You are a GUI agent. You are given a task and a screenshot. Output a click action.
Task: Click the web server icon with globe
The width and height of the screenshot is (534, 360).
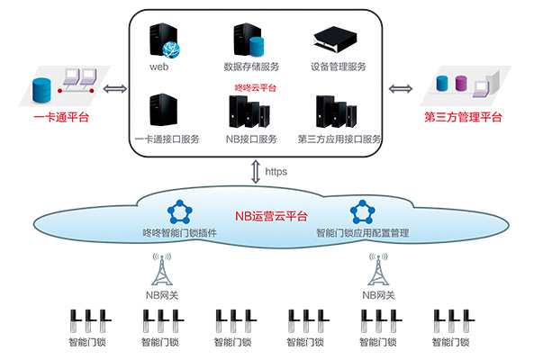coord(164,40)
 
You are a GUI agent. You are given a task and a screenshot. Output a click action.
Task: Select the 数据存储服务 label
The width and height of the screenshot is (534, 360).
coord(251,67)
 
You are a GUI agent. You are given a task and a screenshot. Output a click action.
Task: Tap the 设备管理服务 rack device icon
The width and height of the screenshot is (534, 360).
coord(335,39)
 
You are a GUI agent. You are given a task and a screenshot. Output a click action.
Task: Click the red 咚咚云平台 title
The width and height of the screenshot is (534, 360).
coord(256,88)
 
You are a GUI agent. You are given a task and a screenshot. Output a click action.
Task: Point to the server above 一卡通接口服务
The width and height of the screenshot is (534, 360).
coord(164,110)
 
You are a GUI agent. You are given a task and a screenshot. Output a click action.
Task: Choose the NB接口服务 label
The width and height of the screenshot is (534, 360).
coord(251,139)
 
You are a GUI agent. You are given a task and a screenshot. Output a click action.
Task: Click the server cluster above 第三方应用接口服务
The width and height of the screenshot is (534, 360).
coord(337,112)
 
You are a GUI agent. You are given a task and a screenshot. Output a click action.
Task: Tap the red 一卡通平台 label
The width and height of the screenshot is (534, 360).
coord(61,117)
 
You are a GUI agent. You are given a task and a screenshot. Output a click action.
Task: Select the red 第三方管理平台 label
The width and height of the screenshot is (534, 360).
coord(463,117)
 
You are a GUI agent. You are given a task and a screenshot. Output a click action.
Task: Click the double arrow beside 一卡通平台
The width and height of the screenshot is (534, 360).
coord(115,89)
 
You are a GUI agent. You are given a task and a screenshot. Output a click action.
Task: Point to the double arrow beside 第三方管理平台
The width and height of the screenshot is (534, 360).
coord(401,89)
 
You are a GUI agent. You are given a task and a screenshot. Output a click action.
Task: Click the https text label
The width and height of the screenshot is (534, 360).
coord(276,172)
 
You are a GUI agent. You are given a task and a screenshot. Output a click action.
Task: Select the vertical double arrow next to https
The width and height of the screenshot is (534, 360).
coord(256,172)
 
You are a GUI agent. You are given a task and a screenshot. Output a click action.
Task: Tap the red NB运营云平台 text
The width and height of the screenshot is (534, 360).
coord(271,216)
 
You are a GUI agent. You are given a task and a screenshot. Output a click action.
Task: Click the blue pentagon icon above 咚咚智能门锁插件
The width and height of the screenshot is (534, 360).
coord(180,212)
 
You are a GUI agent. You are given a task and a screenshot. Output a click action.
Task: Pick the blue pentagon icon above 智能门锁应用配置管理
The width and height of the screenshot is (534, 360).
coord(362,212)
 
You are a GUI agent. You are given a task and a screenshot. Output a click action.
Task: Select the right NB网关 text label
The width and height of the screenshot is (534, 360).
coord(378,295)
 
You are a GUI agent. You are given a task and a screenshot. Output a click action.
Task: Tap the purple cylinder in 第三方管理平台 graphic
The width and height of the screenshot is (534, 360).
coord(461,84)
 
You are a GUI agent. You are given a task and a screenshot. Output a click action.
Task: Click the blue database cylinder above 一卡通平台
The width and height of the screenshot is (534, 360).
coord(41,90)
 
